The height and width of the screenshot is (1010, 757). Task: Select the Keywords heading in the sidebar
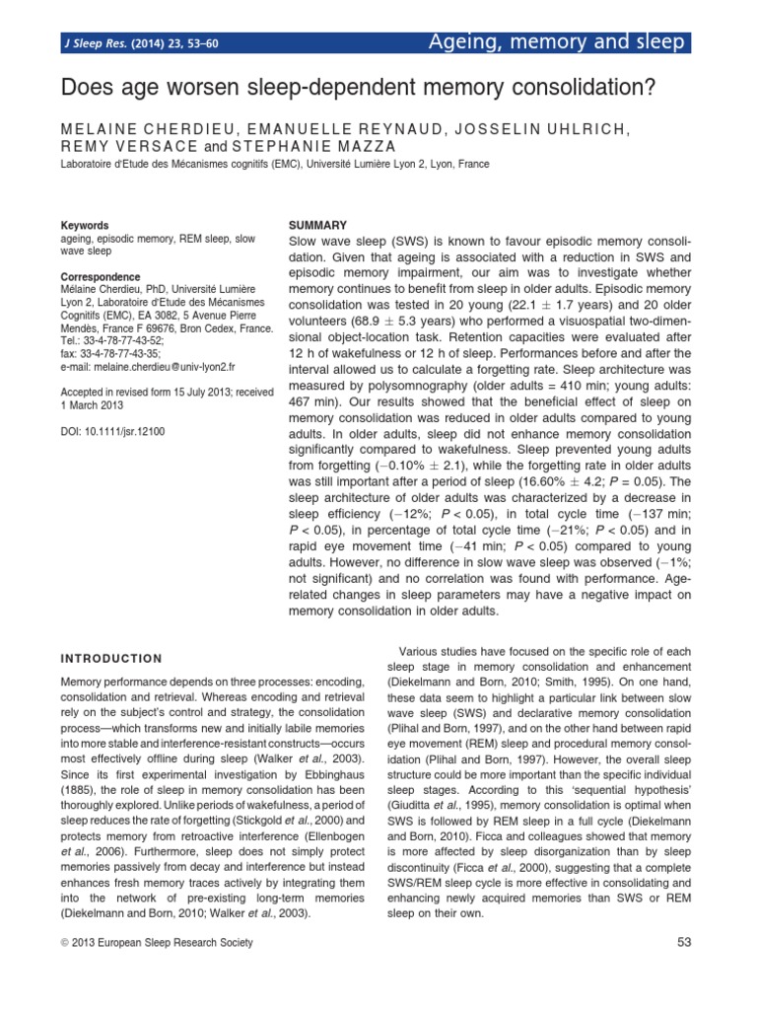click(85, 226)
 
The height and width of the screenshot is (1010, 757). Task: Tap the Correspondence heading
click(101, 277)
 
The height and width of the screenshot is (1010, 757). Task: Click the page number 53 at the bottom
click(685, 943)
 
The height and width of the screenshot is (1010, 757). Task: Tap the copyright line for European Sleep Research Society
click(157, 943)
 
